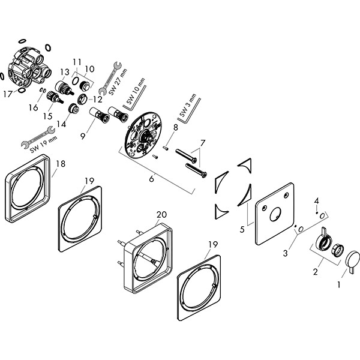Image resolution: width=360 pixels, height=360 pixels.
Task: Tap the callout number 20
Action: [161, 214]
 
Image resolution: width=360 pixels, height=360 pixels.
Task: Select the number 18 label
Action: [60, 163]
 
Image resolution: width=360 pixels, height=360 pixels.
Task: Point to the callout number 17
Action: [7, 94]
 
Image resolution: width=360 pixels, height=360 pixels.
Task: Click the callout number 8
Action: [176, 127]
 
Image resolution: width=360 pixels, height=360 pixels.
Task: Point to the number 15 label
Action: [47, 116]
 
